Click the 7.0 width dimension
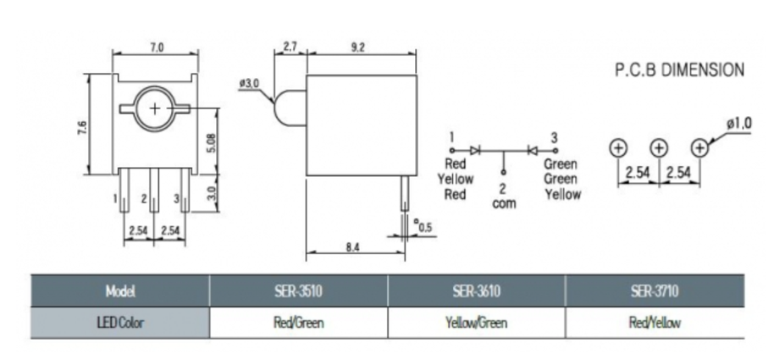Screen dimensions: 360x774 coord(157,47)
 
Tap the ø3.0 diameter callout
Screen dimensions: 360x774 coord(249,83)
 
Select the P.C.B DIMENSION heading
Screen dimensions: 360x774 coord(679,70)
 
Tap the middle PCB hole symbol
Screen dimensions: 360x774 coord(659,147)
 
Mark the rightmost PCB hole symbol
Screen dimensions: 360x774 coord(699,147)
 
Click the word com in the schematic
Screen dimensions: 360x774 coord(504,204)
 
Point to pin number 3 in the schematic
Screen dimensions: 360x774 coord(554,136)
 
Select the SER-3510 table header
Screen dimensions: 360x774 coord(298,291)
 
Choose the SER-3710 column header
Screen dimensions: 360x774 coord(655,291)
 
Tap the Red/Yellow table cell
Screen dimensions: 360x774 coord(655,323)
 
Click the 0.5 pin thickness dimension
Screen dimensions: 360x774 coord(424,226)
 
